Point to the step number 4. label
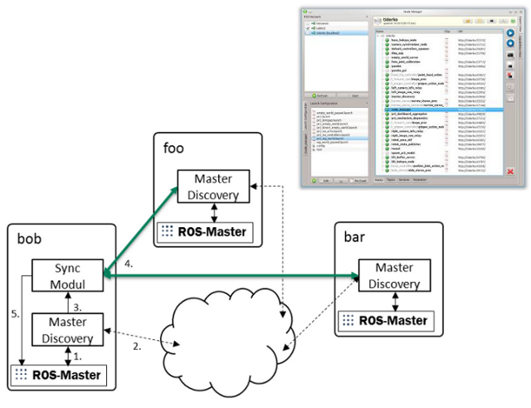(127, 265)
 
